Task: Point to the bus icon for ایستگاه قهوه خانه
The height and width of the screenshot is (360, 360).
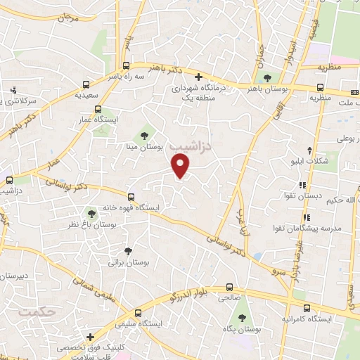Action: point(131,197)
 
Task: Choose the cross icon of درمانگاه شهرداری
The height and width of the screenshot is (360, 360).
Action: point(198,77)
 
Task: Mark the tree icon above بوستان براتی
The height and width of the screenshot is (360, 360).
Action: point(128,250)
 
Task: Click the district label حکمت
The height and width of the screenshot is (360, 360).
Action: point(37,310)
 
